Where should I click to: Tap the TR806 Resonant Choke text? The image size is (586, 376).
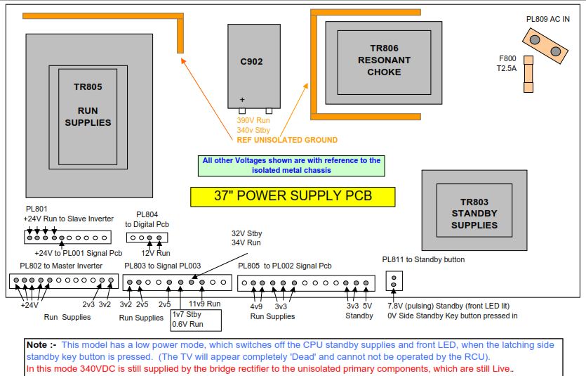384,60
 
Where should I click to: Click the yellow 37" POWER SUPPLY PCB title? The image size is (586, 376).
292,196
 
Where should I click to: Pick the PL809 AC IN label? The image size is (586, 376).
547,19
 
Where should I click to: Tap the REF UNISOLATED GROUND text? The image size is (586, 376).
286,140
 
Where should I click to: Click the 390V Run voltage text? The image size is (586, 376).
253,121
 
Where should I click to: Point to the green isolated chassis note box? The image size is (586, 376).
291,165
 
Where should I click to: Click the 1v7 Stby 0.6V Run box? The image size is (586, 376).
196,320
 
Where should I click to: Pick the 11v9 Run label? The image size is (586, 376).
205,304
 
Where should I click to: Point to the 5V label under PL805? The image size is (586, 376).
367,306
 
